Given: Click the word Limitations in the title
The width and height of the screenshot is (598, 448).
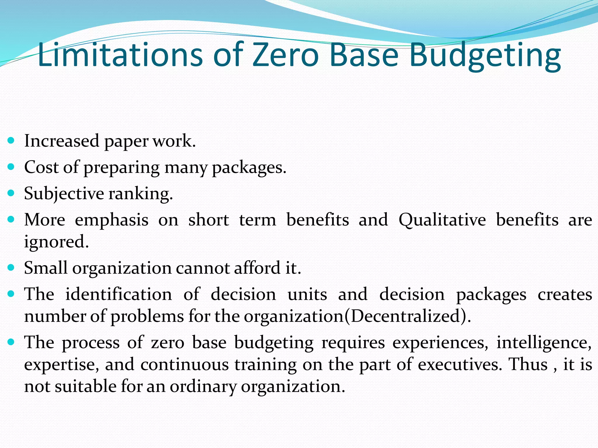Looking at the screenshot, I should [120, 55].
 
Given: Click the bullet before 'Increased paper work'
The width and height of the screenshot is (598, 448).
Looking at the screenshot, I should [11, 141].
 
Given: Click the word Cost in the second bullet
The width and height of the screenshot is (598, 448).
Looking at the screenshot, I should [41, 167].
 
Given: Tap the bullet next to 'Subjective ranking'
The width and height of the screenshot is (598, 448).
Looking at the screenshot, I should [11, 193].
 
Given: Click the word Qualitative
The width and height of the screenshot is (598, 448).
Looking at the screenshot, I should [442, 220].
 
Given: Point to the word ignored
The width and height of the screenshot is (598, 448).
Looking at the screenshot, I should [56, 242].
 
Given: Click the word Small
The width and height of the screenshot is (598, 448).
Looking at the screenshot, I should [46, 268].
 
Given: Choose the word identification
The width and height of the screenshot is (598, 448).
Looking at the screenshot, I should [119, 294].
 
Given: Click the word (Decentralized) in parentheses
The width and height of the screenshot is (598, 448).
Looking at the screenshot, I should [407, 316].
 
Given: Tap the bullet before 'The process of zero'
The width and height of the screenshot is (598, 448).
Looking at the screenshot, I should [11, 342].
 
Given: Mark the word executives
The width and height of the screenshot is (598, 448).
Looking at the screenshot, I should [460, 365].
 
